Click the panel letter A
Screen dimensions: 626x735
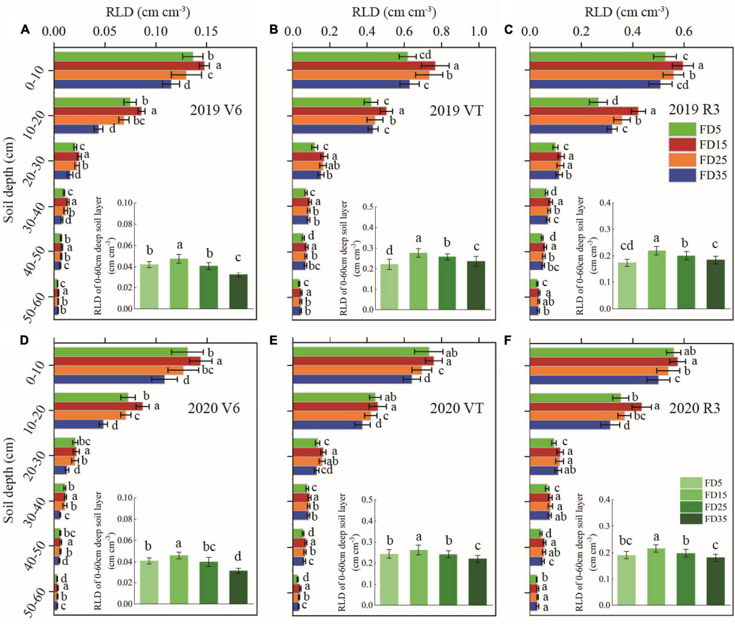click(25, 29)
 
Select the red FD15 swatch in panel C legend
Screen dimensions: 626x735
click(682, 145)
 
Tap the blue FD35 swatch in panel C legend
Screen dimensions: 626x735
click(682, 175)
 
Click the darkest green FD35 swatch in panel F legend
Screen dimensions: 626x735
click(691, 519)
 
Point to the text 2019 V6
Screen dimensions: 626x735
click(216, 110)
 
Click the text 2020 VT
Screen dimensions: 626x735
click(456, 408)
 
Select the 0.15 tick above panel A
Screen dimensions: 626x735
click(206, 32)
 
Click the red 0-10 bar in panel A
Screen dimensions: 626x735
click(129, 66)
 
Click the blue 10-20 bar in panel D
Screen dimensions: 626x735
click(78, 424)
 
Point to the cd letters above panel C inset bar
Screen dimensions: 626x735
click(627, 246)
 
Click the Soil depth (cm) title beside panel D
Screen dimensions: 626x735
click(9, 477)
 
